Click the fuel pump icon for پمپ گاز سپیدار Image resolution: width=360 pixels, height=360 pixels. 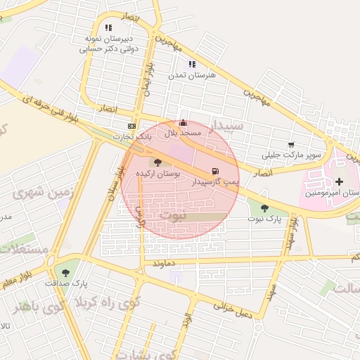214,171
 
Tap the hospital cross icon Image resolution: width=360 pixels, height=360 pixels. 340,162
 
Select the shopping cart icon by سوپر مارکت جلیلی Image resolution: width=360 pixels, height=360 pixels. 291,145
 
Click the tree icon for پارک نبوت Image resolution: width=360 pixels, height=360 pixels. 264,208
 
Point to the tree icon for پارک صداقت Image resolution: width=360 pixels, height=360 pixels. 66,272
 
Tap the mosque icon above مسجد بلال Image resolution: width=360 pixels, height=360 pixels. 184,122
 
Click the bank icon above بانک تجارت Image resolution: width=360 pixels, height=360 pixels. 131,125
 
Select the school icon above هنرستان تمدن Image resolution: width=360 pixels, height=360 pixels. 192,65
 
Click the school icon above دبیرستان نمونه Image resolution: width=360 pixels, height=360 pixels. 108,27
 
